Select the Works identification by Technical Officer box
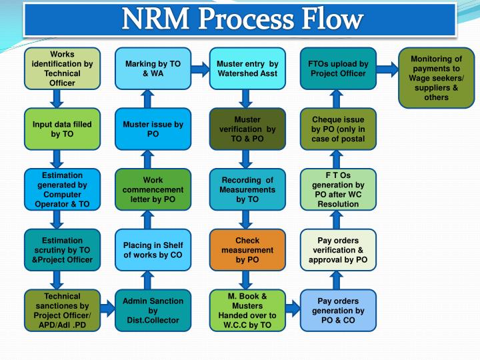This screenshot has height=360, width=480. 62,69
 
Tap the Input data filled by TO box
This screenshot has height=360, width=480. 62,129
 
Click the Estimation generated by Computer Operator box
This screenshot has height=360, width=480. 62,189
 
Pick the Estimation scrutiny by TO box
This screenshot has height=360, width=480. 62,250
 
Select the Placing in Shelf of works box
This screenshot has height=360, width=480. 153,250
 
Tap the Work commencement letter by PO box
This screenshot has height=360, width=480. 153,189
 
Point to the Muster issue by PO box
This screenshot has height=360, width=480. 153,129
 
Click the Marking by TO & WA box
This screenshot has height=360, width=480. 153,69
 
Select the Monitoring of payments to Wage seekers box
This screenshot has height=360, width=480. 435,78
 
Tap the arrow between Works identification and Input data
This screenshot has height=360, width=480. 57,99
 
